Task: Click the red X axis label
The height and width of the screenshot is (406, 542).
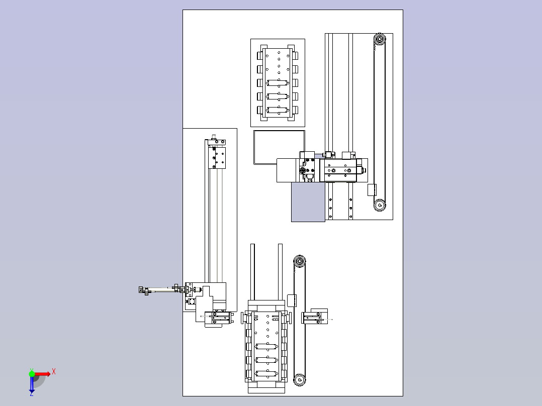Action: [x=54, y=372]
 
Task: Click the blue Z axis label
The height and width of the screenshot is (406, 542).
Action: [x=32, y=393]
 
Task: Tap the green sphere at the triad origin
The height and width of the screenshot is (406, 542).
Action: [x=32, y=374]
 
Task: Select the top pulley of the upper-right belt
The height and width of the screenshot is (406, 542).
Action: [x=380, y=39]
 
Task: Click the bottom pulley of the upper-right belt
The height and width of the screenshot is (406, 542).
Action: [x=380, y=205]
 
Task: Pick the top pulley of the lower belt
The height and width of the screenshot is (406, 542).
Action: [x=299, y=261]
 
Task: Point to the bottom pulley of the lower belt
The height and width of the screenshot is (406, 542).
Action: [x=299, y=380]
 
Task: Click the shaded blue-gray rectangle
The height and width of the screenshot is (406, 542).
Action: [x=308, y=202]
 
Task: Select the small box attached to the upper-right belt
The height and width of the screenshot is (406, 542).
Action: [x=372, y=190]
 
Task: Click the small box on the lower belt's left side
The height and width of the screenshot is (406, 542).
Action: [x=292, y=300]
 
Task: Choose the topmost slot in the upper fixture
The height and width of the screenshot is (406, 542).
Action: [x=278, y=83]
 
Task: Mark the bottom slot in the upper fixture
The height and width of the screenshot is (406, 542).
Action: [x=278, y=110]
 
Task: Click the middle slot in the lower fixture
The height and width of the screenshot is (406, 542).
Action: [x=266, y=360]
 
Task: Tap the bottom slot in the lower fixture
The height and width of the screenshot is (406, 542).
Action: [x=266, y=373]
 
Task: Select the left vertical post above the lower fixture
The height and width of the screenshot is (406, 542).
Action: [x=253, y=272]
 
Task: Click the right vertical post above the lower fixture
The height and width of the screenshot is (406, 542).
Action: [x=281, y=272]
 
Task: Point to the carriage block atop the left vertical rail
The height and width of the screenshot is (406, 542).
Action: [x=217, y=158]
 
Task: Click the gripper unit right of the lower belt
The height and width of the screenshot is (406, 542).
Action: [x=315, y=317]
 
